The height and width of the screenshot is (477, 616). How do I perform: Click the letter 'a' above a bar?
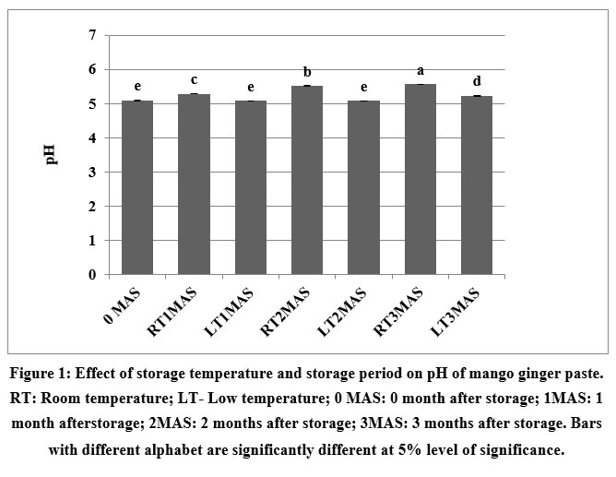tap(421, 70)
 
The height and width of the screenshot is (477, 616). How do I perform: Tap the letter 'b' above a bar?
tap(307, 72)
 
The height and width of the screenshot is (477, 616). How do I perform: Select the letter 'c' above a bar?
tap(194, 80)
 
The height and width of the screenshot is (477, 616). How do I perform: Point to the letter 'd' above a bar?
tap(477, 81)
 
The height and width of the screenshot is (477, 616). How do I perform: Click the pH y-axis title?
tap(52, 154)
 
